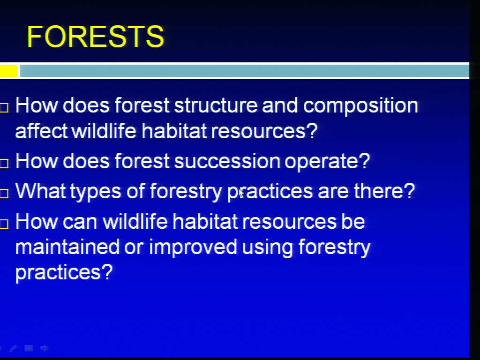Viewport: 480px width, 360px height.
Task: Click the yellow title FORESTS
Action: pyautogui.click(x=96, y=37)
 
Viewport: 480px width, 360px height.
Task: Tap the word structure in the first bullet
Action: pyautogui.click(x=216, y=105)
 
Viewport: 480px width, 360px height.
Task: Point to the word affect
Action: pyautogui.click(x=41, y=131)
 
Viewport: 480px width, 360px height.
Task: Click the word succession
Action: pyautogui.click(x=227, y=161)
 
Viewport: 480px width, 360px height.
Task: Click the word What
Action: pyautogui.click(x=40, y=191)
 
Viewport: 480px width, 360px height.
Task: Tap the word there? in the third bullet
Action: pyautogui.click(x=384, y=191)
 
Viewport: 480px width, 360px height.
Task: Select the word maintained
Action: pyautogui.click(x=67, y=247)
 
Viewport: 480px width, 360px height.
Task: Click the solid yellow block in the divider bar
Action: pyautogui.click(x=8, y=71)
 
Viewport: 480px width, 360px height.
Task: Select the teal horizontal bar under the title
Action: pyautogui.click(x=244, y=71)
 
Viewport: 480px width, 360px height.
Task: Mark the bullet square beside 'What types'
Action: pyautogui.click(x=4, y=194)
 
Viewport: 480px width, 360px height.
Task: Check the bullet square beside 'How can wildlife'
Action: pyautogui.click(x=4, y=225)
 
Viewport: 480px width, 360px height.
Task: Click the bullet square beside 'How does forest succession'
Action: pyautogui.click(x=4, y=164)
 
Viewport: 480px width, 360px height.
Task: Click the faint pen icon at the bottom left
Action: pyautogui.click(x=13, y=348)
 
